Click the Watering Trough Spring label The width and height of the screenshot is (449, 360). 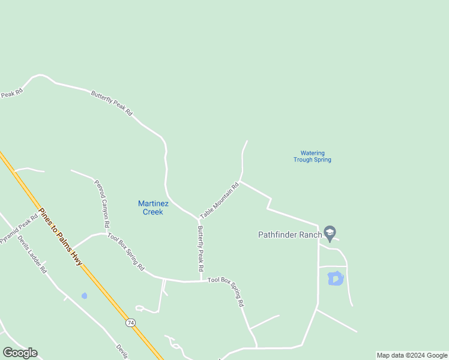tap(312, 157)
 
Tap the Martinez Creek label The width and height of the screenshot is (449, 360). tap(153, 208)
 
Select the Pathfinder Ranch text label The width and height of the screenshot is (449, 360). tap(290, 235)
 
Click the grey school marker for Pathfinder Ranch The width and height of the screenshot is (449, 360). tap(329, 232)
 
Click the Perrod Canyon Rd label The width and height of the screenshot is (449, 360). tap(102, 203)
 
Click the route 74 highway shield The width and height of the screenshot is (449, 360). tap(130, 323)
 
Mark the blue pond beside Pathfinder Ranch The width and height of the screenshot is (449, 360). tap(335, 278)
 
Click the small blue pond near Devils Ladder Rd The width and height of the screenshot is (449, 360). tap(84, 296)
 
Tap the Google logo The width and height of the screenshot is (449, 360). tap(20, 353)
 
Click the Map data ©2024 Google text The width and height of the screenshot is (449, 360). tap(412, 355)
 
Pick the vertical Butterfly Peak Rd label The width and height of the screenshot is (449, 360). tap(201, 248)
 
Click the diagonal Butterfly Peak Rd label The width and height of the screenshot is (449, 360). tap(112, 103)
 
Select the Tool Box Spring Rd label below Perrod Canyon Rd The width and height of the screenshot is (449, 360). tap(126, 250)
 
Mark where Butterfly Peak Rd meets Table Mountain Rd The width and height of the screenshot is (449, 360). tap(198, 218)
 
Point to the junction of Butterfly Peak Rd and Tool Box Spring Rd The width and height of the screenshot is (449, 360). tap(200, 281)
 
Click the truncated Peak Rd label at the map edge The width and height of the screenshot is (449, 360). tap(11, 94)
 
